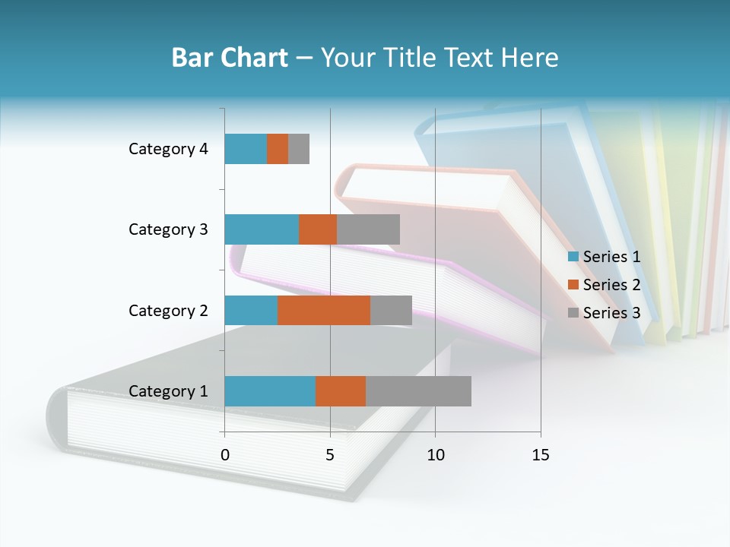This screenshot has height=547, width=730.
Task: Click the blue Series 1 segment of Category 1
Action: (x=270, y=391)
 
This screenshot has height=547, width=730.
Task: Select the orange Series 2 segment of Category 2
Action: (x=324, y=310)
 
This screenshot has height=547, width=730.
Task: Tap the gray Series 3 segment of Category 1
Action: (x=418, y=391)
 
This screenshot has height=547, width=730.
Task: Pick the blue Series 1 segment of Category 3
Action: (x=262, y=229)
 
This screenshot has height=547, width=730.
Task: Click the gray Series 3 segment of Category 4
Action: (x=299, y=149)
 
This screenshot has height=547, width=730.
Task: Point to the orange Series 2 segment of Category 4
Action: (x=278, y=149)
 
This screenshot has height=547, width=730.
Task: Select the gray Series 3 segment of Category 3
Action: (x=368, y=229)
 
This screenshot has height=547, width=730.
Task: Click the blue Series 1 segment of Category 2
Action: (x=251, y=310)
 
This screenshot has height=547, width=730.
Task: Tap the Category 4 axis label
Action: (x=168, y=149)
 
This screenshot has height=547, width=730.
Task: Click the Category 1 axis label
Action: (x=168, y=391)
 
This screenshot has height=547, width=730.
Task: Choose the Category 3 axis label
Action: (x=168, y=229)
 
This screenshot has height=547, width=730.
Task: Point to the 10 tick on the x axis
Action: (x=435, y=455)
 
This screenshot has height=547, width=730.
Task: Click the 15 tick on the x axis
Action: (x=541, y=455)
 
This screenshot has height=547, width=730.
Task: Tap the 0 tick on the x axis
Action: (x=224, y=455)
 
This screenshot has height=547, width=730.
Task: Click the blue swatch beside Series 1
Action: (x=573, y=257)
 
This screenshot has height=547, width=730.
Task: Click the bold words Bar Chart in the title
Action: (x=230, y=58)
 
